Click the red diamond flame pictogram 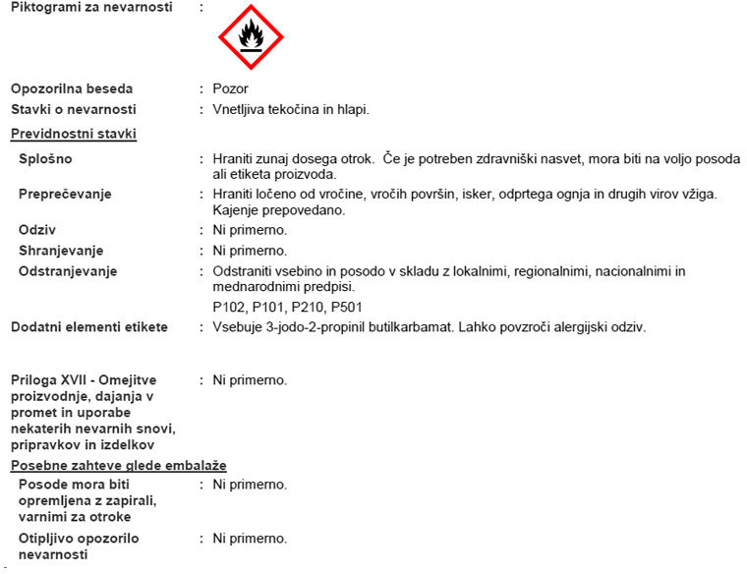(251, 37)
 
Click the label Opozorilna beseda (72, 88)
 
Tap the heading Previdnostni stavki (74, 134)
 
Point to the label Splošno (45, 158)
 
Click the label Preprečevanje (65, 194)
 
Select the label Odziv (36, 230)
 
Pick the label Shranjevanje (61, 251)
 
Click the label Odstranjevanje (68, 270)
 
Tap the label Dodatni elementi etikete (89, 327)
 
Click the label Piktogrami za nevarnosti (91, 7)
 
